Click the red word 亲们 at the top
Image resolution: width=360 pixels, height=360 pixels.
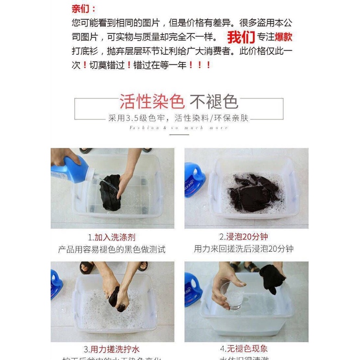[84, 8]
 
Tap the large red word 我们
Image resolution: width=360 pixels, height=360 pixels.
[240, 37]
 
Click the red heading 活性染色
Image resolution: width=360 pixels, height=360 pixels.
[151, 101]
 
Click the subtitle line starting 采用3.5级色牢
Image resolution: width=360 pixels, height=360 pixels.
[178, 118]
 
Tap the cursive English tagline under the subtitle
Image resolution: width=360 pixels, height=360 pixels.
[178, 128]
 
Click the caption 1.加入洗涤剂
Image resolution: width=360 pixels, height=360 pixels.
[112, 237]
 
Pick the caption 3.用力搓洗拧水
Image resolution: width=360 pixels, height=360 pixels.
[112, 350]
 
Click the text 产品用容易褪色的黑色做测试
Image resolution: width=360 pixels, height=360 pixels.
[112, 250]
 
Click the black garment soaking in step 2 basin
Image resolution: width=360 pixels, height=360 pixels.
[254, 192]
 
